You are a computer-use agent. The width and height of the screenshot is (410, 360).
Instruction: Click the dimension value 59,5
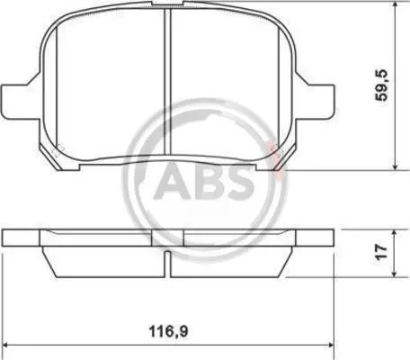[x=383, y=85]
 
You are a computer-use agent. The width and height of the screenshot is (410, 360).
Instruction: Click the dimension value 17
[x=382, y=252]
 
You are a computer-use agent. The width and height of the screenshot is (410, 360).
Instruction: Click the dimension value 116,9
[x=169, y=331]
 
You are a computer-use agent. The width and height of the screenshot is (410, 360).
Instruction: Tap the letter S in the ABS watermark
[x=240, y=182]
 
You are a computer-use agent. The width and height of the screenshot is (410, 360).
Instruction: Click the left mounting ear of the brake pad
[x=21, y=102]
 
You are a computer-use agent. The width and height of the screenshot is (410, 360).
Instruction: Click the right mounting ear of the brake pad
[x=316, y=102]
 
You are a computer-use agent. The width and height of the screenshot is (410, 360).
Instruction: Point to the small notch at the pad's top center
[x=167, y=4]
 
